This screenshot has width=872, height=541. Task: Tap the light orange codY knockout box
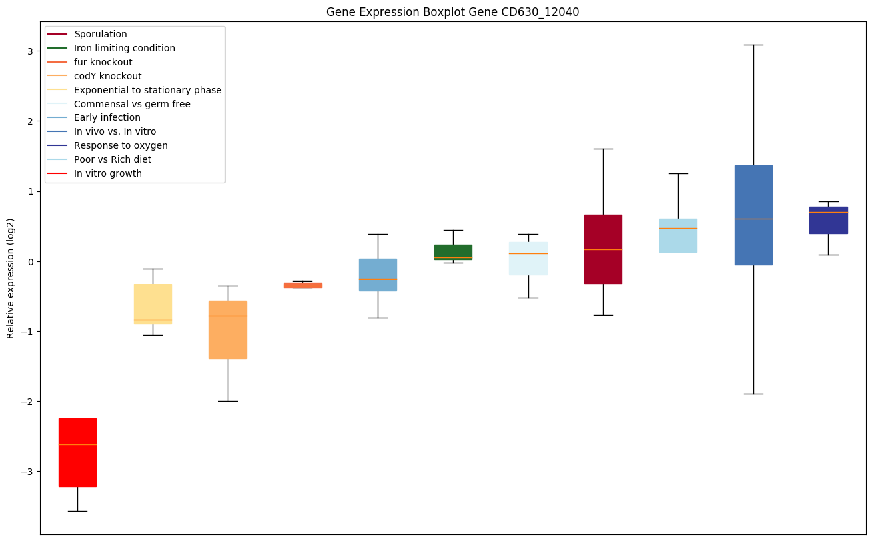click(228, 330)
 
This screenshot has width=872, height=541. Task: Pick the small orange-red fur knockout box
click(303, 285)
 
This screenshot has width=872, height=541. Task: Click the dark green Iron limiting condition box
click(453, 251)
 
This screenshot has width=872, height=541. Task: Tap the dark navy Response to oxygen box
click(829, 220)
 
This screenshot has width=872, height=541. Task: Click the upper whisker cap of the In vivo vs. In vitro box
click(753, 45)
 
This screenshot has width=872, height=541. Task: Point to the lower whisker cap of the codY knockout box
click(228, 401)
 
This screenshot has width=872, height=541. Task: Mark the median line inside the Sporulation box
click(603, 249)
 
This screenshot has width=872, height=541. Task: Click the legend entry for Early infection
click(107, 118)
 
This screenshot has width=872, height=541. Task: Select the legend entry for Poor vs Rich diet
click(112, 159)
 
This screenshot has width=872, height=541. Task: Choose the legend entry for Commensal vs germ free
click(132, 104)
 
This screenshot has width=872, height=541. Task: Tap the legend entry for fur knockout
click(103, 62)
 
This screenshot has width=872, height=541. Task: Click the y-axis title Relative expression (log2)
click(11, 278)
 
